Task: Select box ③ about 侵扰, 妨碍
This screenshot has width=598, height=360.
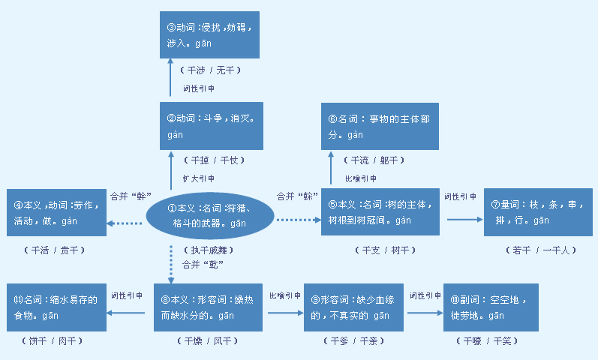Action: (210, 35)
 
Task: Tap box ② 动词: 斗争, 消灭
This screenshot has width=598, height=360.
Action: (210, 126)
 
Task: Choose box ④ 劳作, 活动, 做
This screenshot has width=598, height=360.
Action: (54, 213)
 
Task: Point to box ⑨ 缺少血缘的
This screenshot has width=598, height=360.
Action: (354, 307)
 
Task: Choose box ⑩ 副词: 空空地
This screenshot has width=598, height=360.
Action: (491, 307)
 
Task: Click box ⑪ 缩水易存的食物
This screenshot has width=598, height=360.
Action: (56, 307)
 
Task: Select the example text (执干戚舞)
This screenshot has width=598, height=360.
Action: (209, 250)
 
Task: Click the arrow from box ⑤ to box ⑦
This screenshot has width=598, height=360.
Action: (465, 220)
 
